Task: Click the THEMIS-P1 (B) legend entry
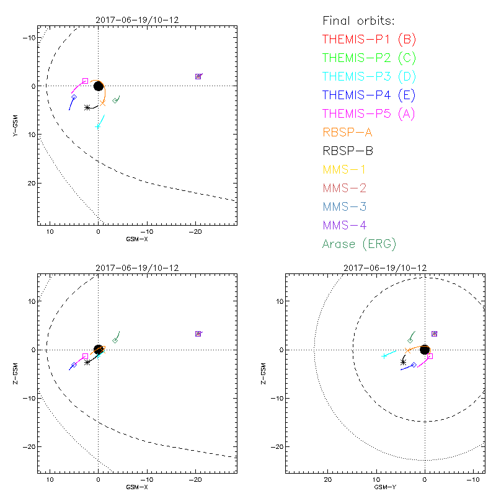[369, 40]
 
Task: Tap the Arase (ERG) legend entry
[359, 244]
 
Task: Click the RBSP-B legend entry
[348, 151]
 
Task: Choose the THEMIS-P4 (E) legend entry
[369, 95]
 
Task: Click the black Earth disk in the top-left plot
[98, 86]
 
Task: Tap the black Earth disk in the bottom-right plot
[425, 350]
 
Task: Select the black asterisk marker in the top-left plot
[87, 107]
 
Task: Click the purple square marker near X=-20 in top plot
[198, 76]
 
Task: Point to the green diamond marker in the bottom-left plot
[115, 340]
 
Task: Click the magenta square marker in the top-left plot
[85, 81]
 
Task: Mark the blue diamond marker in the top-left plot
[74, 97]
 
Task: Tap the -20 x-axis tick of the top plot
[196, 231]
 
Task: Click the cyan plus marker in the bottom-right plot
[384, 356]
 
